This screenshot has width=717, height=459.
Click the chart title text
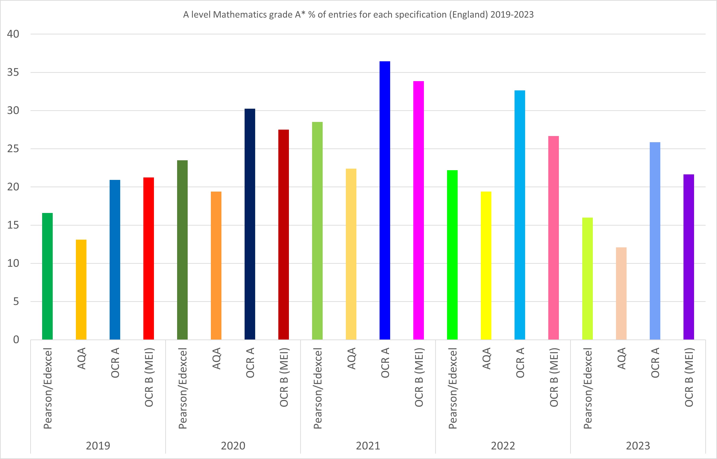pos(358,15)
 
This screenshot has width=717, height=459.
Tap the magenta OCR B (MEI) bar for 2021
pos(418,210)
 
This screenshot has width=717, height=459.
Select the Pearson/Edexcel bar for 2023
pos(587,278)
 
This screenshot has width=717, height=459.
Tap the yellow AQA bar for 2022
pos(486,265)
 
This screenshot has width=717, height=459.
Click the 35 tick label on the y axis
pos(13,73)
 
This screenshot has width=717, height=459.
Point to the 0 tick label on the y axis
pos(16,340)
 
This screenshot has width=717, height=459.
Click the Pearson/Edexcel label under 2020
pos(182,388)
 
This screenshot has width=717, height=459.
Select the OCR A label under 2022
pos(520,362)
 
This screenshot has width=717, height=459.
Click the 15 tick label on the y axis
pos(13,225)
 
